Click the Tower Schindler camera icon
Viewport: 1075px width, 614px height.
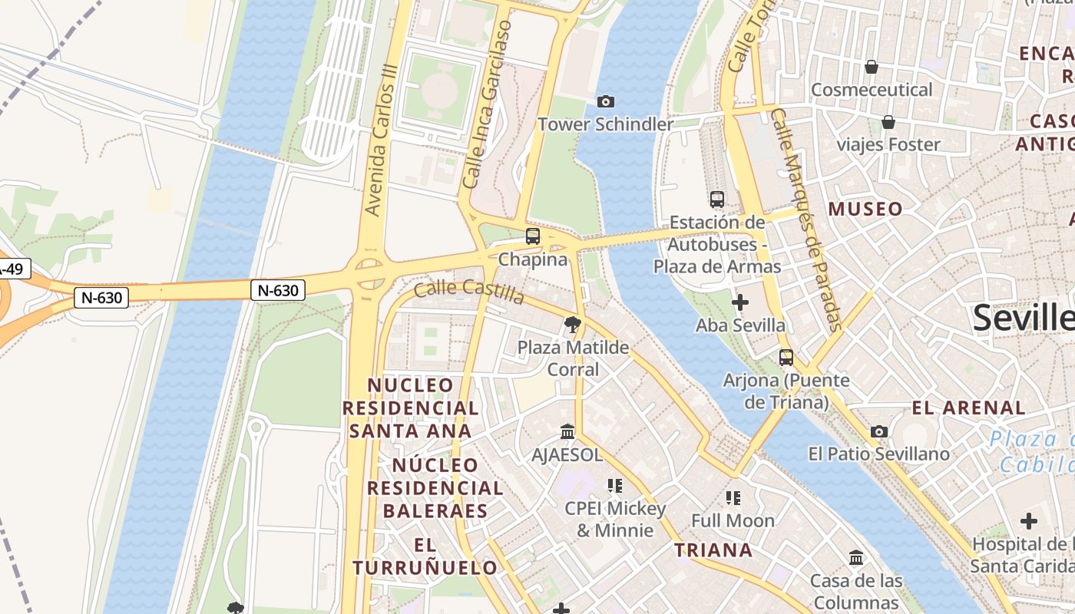pos(605,101)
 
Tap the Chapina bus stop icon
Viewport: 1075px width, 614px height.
pos(532,236)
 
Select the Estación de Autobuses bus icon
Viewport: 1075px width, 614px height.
pos(717,200)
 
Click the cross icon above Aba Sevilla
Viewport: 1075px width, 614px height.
pos(740,302)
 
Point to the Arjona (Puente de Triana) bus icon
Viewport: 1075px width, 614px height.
pos(786,357)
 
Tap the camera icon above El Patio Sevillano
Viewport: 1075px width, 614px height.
pos(879,431)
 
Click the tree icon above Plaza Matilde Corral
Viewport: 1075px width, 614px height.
pos(572,325)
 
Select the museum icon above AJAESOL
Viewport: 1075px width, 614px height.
pos(567,431)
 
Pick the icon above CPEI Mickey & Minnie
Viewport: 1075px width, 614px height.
pos(614,485)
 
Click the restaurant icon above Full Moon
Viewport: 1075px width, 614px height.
pos(733,497)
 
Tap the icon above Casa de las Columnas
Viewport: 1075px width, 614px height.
pos(856,558)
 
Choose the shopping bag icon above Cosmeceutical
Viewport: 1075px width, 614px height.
pos(872,67)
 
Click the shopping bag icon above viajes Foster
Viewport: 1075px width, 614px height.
pos(888,122)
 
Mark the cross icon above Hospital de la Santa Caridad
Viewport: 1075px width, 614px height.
pos(1028,521)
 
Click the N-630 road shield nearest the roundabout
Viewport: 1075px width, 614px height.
pos(278,290)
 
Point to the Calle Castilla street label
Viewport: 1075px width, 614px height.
pos(469,291)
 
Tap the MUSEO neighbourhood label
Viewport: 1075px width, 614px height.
pos(865,209)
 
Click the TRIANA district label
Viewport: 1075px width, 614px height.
pos(713,550)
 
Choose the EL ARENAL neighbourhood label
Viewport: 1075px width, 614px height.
pos(968,408)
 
